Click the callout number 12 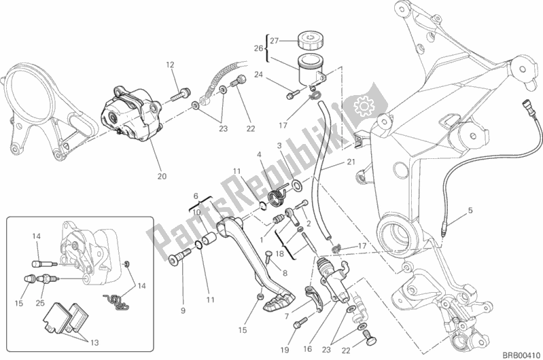pos(170,65)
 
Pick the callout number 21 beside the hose pos(350,163)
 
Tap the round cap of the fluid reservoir pos(311,37)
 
